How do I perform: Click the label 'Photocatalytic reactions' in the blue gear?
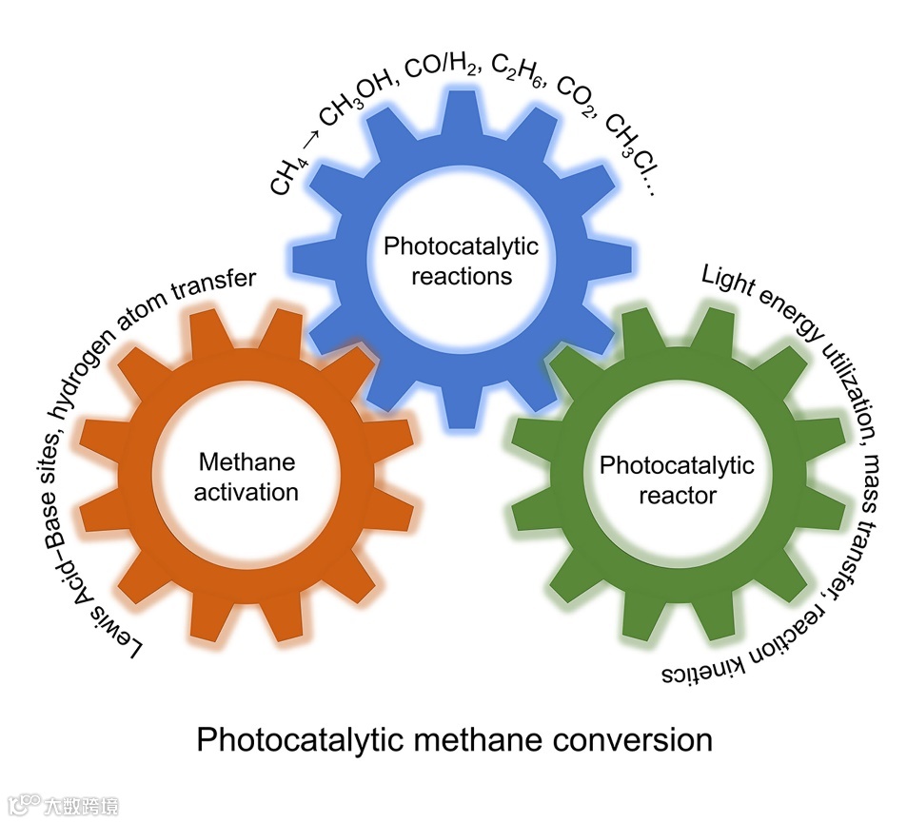click(461, 262)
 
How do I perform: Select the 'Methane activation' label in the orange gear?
click(246, 478)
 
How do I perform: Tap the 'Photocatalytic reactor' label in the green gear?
click(677, 480)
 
